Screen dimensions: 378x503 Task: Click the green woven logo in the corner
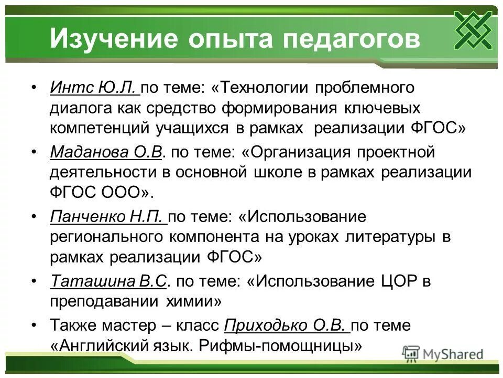[x=473, y=29]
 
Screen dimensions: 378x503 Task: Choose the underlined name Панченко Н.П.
[x=108, y=217]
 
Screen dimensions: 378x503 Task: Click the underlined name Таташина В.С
[x=108, y=281]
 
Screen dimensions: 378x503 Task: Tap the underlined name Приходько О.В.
[x=286, y=325]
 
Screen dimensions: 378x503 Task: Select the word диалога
[x=80, y=108]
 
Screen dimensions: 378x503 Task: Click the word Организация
[x=301, y=152]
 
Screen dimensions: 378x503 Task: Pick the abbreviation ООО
[x=121, y=193]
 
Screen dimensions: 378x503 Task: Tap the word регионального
[x=107, y=237]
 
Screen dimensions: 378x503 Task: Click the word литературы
[x=391, y=237]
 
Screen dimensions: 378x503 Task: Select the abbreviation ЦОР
[x=391, y=281]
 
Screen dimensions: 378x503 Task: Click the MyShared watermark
[x=443, y=354]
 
